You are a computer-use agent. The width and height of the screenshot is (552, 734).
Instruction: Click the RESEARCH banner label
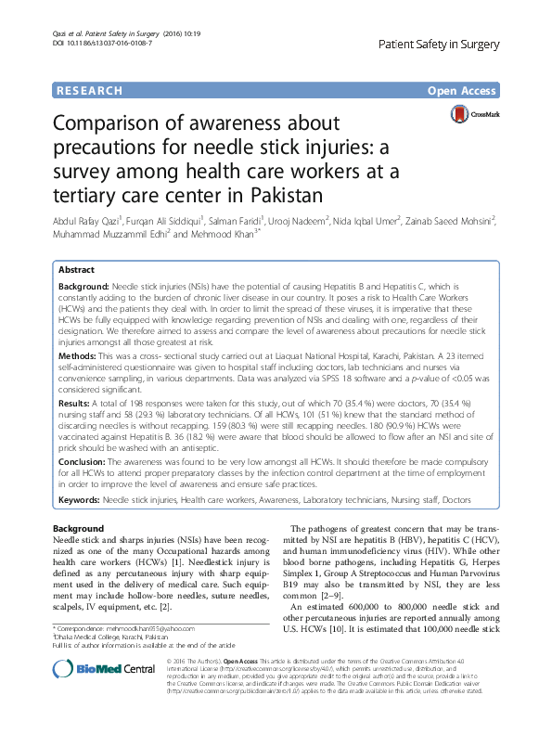(89, 91)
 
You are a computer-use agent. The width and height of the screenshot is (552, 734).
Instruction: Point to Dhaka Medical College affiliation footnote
(99, 638)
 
